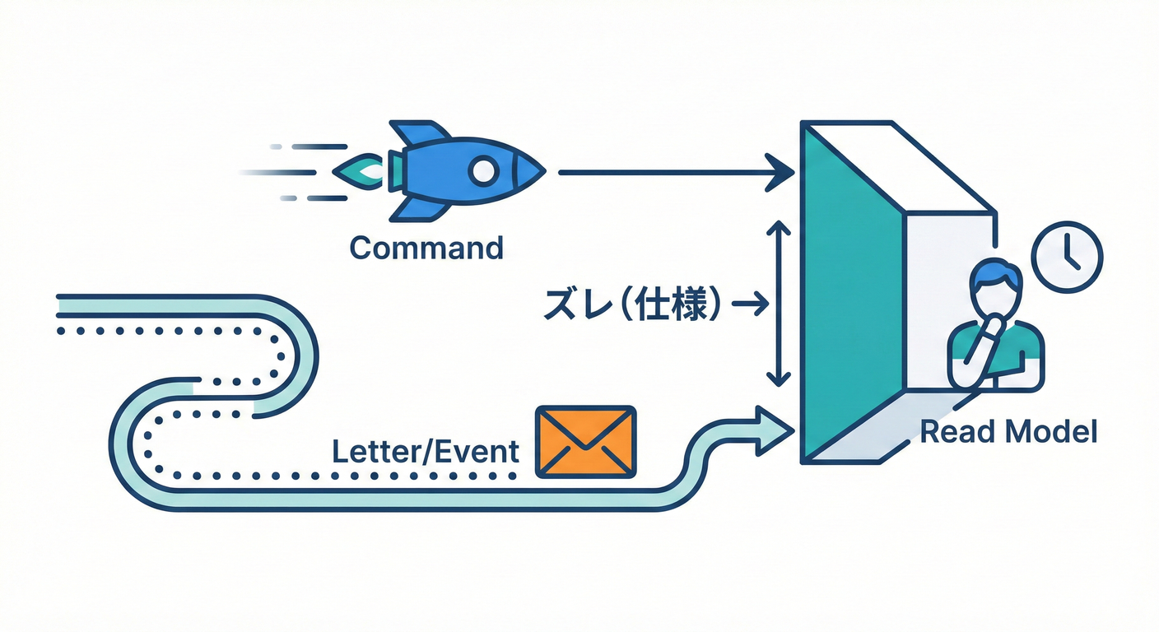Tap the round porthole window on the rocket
(x=483, y=171)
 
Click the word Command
(x=426, y=248)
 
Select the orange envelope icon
(x=585, y=441)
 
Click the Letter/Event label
(x=425, y=452)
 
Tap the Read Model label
(x=1008, y=431)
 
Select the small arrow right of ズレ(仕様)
(x=749, y=305)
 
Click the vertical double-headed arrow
(x=774, y=304)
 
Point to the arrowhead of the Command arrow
(x=780, y=172)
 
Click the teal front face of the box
(x=848, y=296)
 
